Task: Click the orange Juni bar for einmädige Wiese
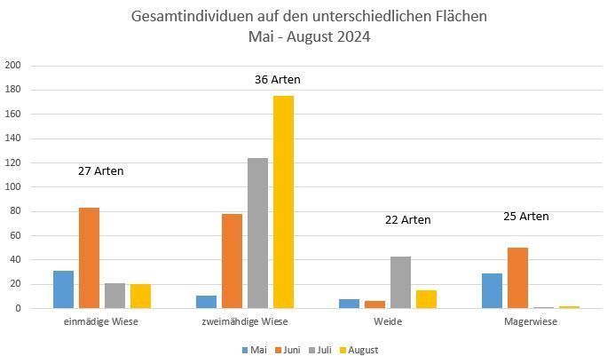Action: click(x=89, y=258)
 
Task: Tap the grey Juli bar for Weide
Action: click(x=401, y=282)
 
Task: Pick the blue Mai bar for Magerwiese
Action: click(x=493, y=291)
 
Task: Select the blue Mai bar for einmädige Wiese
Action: click(x=63, y=289)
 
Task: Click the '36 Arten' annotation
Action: click(x=277, y=80)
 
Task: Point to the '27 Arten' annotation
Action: click(x=100, y=171)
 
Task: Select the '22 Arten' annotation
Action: click(x=407, y=220)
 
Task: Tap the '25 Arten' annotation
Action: click(x=525, y=217)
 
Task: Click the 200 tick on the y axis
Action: click(x=12, y=66)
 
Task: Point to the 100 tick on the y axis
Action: click(x=12, y=187)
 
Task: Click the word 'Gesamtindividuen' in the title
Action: click(x=183, y=17)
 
